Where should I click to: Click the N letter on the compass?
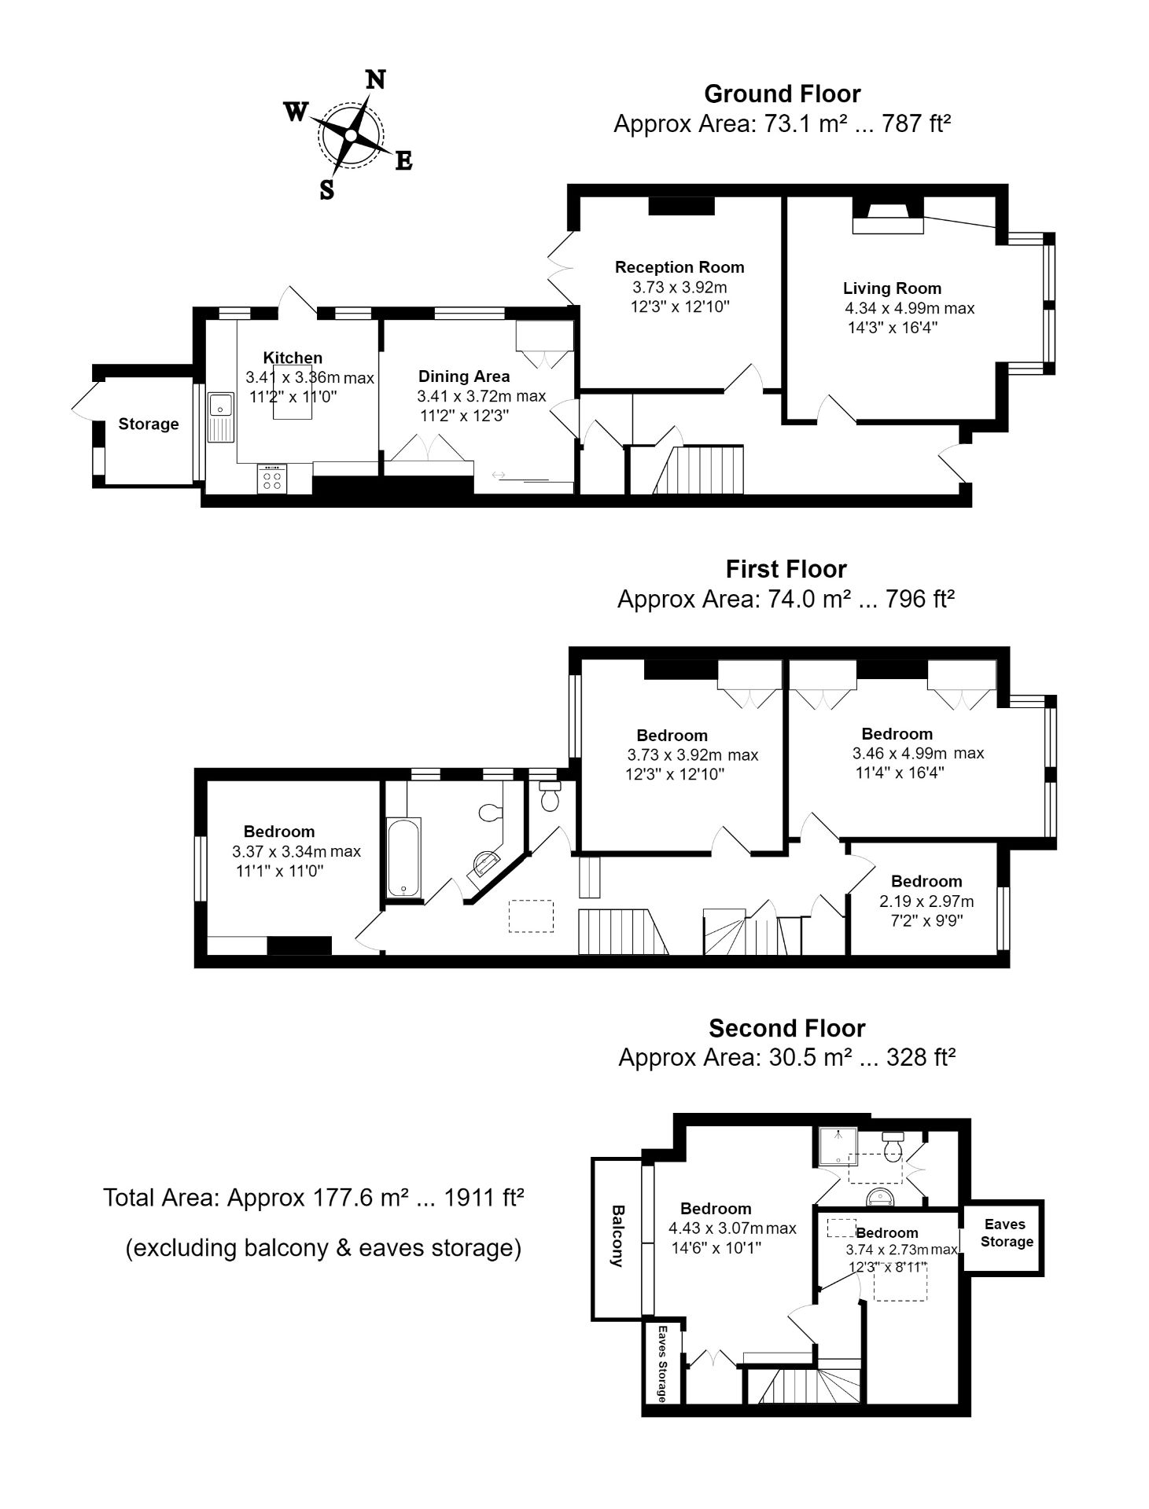point(377,79)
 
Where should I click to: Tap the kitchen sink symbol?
point(221,417)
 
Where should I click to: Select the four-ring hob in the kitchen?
point(272,479)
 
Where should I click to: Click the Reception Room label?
point(679,267)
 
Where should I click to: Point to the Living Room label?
point(892,288)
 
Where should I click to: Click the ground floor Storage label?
point(149,424)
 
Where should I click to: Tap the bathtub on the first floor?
point(404,857)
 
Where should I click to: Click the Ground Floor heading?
point(782,94)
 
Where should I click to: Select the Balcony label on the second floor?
point(617,1235)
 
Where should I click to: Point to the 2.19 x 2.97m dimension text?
point(926,901)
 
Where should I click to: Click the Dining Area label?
point(463,376)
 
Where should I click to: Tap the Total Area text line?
point(313,1198)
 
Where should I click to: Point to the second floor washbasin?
point(882,1197)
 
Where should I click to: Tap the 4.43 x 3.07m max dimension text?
point(731,1228)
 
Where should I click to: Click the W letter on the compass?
point(295,112)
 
